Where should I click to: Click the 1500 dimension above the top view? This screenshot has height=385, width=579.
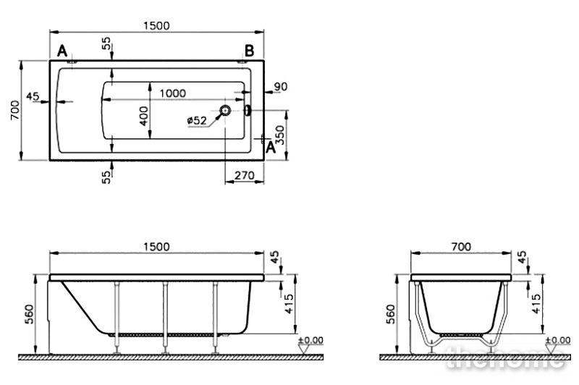pos(156,26)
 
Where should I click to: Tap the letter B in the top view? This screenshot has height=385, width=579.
pos(250,51)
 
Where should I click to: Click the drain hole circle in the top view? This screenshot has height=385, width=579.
pos(225,109)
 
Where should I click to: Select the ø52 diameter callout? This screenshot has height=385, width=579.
pos(197,120)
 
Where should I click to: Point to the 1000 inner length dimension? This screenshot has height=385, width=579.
pos(172,93)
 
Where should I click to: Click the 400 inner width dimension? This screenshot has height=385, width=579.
pos(144,116)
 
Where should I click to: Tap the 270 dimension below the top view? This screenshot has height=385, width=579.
pos(245,175)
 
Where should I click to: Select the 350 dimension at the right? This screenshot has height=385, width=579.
pos(280,135)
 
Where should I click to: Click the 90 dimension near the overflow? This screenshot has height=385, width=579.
pos(280,87)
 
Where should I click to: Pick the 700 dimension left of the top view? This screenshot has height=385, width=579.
pos(15,110)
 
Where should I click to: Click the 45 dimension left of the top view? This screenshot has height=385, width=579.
pos(33,96)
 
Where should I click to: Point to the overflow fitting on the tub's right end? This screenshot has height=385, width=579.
pos(248,110)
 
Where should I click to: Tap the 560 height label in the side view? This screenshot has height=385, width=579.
pos(29,314)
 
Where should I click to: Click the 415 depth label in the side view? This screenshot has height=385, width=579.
pos(289,303)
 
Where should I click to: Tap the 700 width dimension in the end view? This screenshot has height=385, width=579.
pos(461,247)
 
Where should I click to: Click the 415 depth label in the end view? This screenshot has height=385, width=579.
pos(536,303)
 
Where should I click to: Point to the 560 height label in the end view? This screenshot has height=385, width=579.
pos(390,314)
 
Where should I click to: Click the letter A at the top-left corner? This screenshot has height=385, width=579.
pos(62,51)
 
